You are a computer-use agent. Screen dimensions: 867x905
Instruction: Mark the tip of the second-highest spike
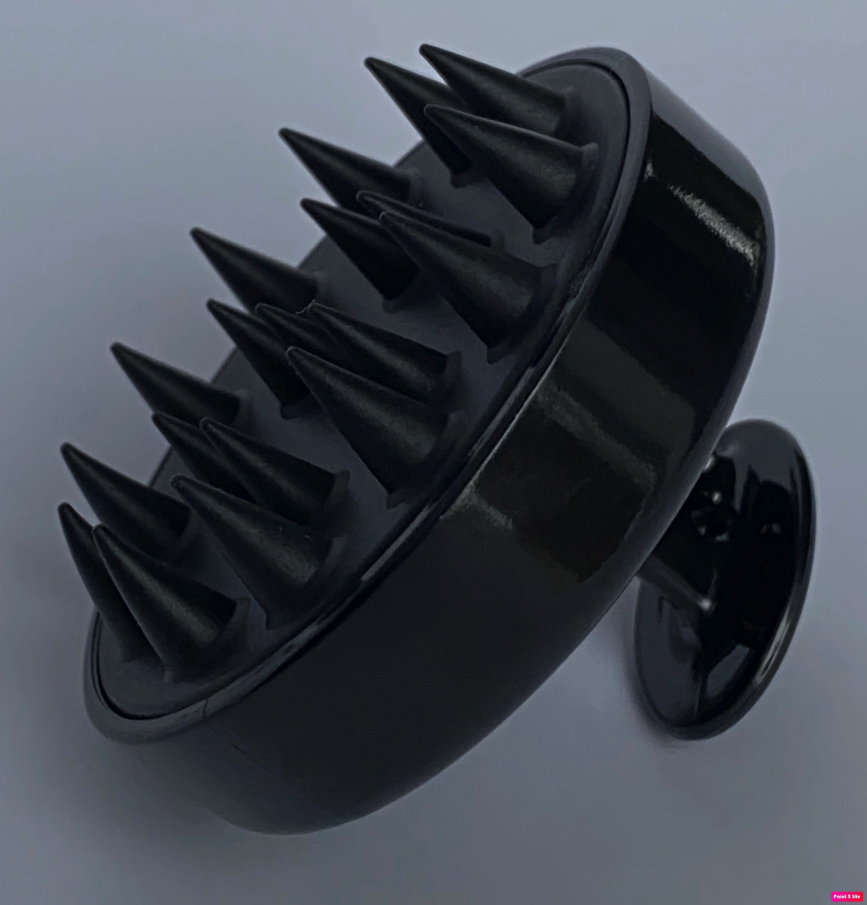[366, 59]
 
